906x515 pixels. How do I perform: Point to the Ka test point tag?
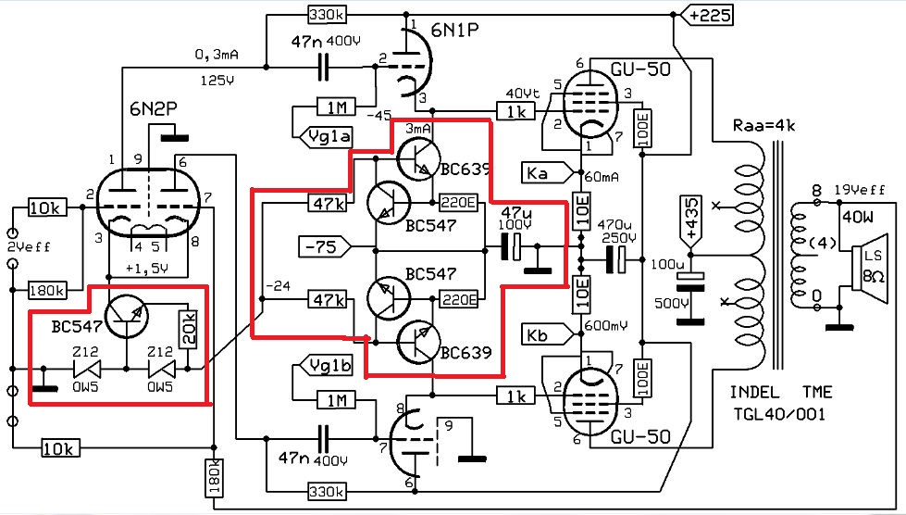pos(549,172)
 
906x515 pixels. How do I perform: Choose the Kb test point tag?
pos(549,334)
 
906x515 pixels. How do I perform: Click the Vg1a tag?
pos(328,138)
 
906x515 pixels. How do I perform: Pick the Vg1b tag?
pos(328,365)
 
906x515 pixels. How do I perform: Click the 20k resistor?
pos(189,330)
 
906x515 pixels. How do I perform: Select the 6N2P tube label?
pos(153,109)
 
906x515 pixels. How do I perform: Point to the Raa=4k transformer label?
pos(763,125)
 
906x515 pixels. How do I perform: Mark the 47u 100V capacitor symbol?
pos(512,247)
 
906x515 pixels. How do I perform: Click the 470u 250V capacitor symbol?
pos(615,260)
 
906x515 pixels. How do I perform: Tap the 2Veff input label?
pos(30,246)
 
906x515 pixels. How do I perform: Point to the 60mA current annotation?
pos(602,176)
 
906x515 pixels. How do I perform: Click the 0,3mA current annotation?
pos(217,55)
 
